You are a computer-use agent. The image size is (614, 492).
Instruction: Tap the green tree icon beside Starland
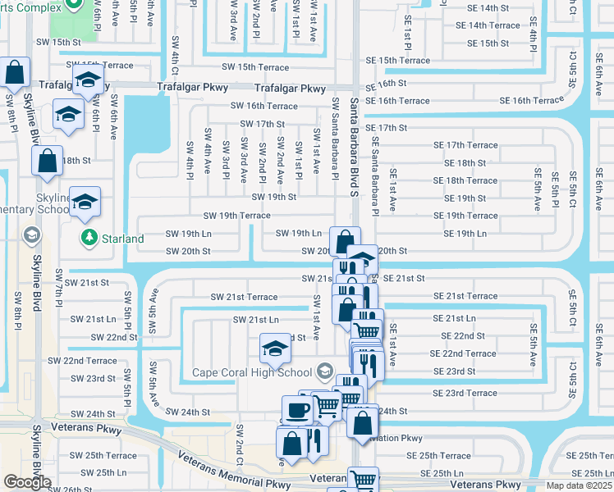pyautogui.click(x=89, y=239)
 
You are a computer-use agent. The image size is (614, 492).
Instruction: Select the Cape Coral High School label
pyautogui.click(x=251, y=372)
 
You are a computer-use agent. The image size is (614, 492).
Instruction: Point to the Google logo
pyautogui.click(x=27, y=482)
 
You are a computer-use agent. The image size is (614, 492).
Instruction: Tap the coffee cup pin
pyautogui.click(x=296, y=409)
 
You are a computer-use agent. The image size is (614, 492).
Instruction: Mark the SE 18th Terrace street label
pyautogui.click(x=470, y=180)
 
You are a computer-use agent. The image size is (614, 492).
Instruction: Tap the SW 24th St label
pyautogui.click(x=188, y=412)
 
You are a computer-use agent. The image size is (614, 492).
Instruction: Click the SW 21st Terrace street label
pyautogui.click(x=244, y=297)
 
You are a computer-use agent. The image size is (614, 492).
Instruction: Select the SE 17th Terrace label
pyautogui.click(x=465, y=145)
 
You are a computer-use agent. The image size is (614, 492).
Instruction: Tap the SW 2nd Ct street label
pyautogui.click(x=240, y=443)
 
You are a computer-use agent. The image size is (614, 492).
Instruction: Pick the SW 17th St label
pyautogui.click(x=262, y=124)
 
